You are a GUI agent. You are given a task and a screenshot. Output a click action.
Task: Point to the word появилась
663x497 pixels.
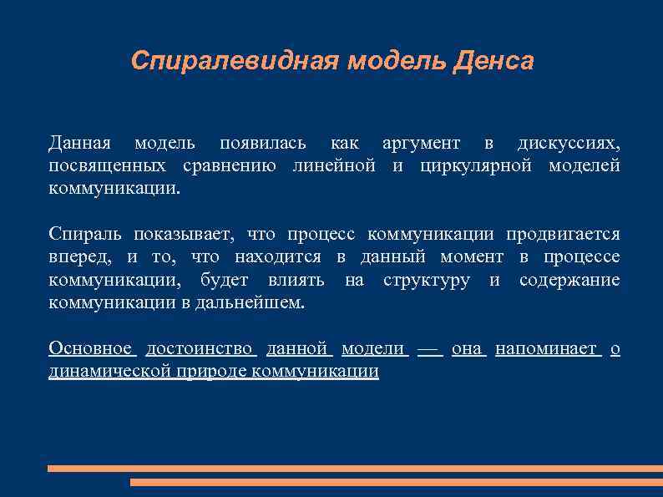[262, 143]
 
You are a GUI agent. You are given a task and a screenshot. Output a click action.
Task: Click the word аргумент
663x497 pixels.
[421, 143]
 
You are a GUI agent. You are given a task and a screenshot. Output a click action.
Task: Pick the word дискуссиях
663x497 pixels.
[569, 143]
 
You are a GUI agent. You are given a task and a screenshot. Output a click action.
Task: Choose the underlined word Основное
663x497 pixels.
[90, 348]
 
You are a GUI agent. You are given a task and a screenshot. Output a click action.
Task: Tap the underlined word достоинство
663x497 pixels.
[200, 348]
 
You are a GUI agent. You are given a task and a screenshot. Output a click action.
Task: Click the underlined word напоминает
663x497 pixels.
[547, 348]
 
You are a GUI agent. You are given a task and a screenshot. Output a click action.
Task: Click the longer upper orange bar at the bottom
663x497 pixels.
[355, 469]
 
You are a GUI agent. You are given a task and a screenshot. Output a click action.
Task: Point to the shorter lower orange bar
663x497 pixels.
[396, 482]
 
